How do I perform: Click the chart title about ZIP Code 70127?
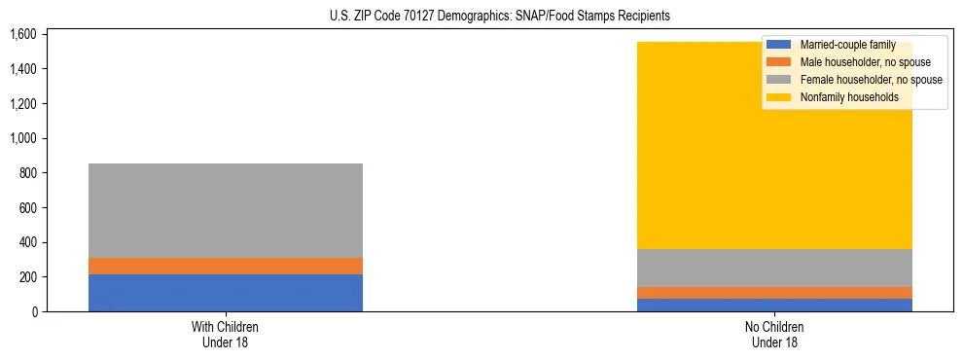point(481,17)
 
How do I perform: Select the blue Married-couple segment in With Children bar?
point(226,293)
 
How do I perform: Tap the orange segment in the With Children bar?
point(226,266)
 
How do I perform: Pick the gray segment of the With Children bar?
point(226,210)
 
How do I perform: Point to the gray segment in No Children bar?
point(775,268)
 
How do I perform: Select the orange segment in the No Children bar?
point(775,293)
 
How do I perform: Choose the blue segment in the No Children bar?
point(775,305)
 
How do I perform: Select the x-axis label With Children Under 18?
point(226,335)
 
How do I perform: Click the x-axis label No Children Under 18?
point(775,335)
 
